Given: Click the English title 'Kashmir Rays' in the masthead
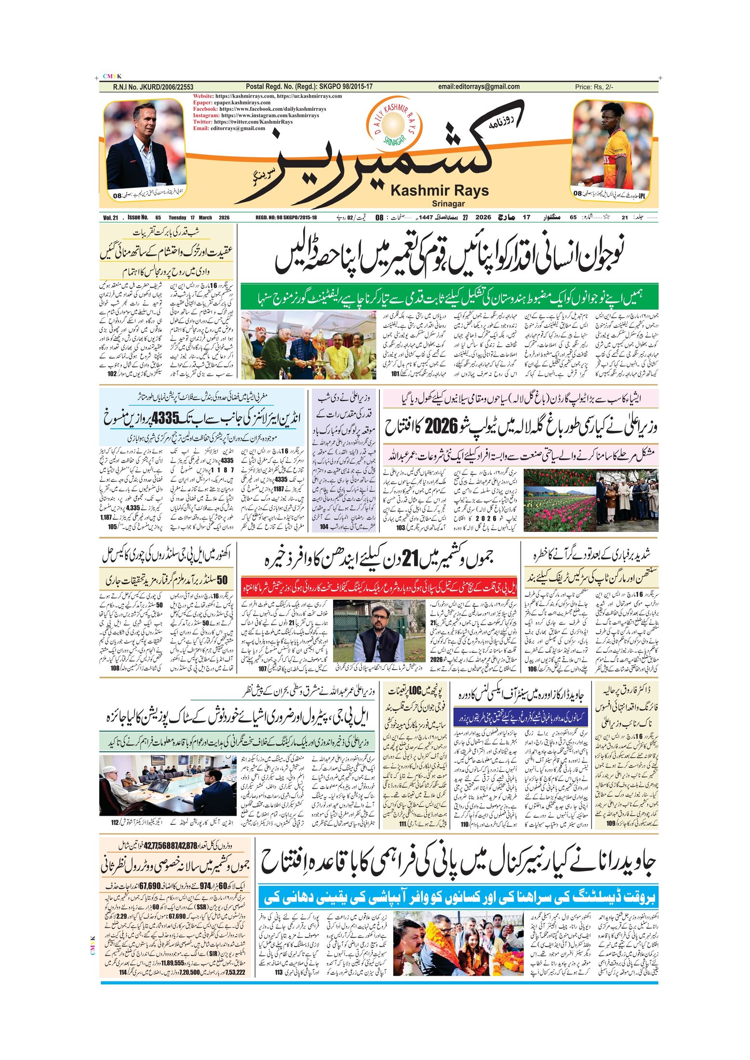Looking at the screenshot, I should pos(439,191).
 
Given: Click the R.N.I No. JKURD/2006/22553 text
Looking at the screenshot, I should pos(153,87).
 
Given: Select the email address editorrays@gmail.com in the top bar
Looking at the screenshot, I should pos(479,87).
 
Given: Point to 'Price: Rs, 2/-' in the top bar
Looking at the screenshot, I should pos(594,87).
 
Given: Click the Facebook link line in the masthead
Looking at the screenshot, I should pos(259,109).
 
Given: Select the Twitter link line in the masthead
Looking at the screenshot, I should pos(242,122).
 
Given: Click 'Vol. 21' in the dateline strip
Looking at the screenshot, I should pos(110,218).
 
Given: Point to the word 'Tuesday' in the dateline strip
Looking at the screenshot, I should pos(177,218).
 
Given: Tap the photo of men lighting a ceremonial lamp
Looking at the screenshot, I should pos(308,344).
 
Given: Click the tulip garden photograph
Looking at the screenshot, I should pos(590,501).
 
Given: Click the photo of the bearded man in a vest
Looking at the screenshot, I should pos(378,631).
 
